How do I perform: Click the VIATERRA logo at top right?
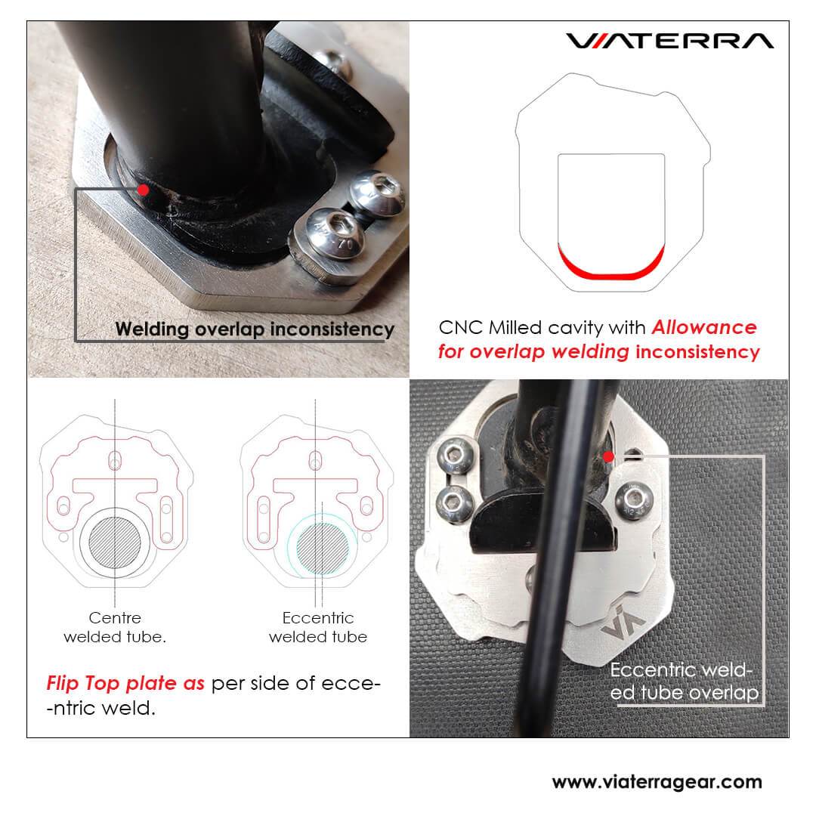coord(669,41)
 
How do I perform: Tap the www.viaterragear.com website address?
coord(657,782)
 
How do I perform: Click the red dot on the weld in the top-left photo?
coord(143,190)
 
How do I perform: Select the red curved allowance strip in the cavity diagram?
coord(611,264)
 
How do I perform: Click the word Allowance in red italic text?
coord(704,327)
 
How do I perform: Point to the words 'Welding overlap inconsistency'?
coord(255,329)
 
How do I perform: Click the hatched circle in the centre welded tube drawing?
coord(115,542)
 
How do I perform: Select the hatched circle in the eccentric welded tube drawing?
coord(323,549)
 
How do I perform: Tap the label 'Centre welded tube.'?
coord(115,627)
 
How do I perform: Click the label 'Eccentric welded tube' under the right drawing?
coord(318,627)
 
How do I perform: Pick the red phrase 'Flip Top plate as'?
coord(125,683)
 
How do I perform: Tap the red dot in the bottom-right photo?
coord(608,457)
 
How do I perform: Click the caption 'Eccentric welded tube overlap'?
coord(684,682)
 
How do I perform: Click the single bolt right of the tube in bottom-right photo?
coord(634,499)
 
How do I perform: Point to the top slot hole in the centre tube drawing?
coord(115,461)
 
